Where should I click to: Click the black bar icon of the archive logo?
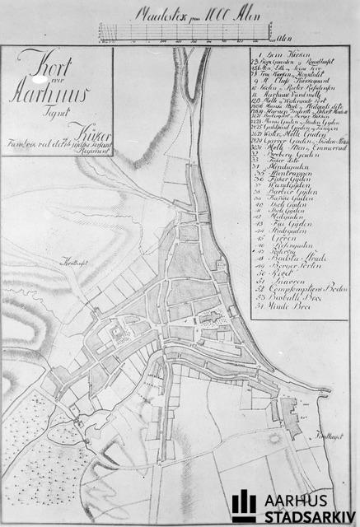tap(244, 506)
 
